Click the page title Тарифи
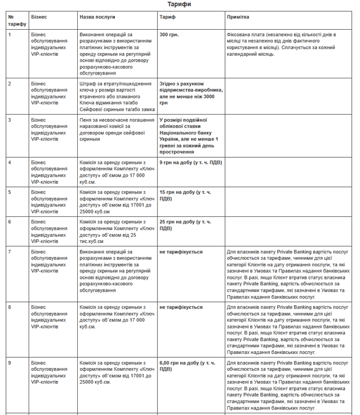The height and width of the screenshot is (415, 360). tap(180, 4)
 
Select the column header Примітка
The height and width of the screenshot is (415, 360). tap(238, 17)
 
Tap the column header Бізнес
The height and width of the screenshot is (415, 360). tap(39, 17)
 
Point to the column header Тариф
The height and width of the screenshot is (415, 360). tap(167, 17)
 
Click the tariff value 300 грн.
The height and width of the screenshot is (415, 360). tap(169, 35)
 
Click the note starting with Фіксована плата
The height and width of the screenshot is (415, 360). tap(281, 44)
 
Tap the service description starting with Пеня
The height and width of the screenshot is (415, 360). tap(114, 129)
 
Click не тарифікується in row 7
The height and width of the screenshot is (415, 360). tap(181, 252)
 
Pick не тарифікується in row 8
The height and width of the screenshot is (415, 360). tap(181, 307)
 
